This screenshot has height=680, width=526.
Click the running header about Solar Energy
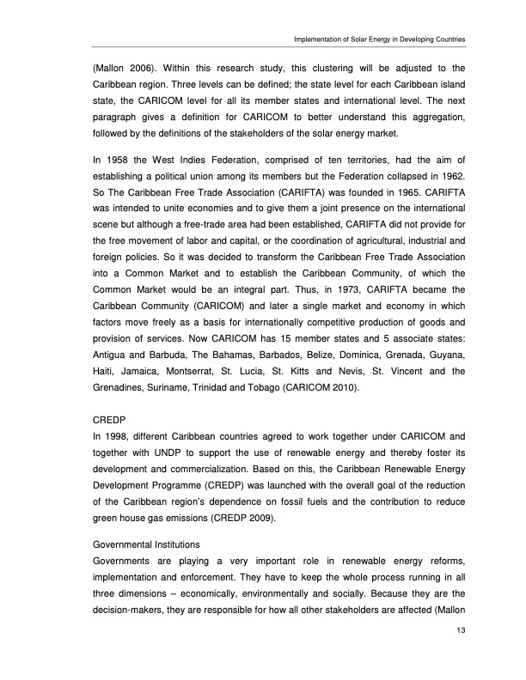379,39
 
